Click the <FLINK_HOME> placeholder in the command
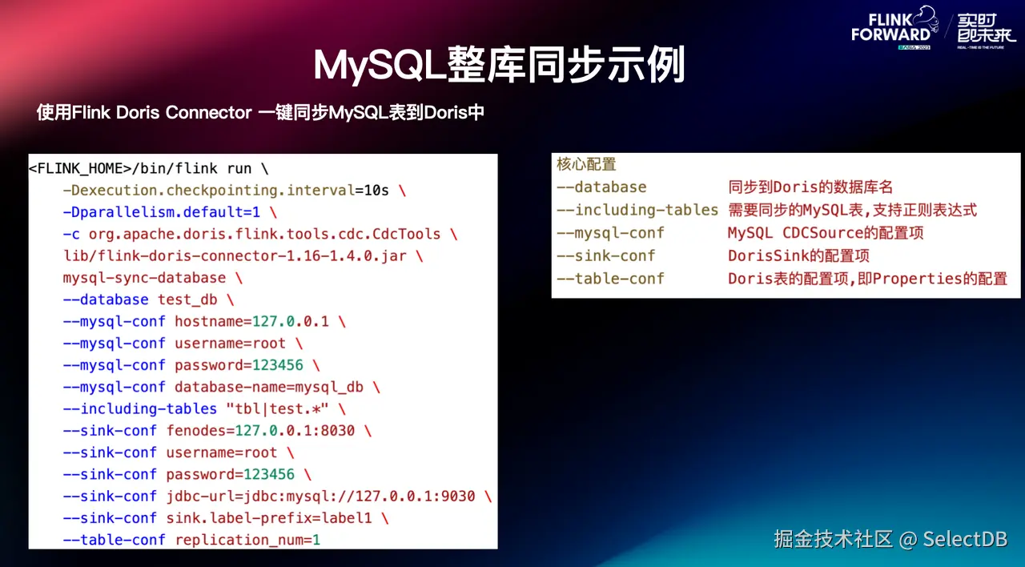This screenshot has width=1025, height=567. click(79, 169)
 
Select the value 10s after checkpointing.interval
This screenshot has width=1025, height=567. click(376, 191)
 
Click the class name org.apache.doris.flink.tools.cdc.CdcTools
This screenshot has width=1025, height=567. click(264, 234)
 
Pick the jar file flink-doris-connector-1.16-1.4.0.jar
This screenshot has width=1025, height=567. click(248, 256)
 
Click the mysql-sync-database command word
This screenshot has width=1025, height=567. click(144, 278)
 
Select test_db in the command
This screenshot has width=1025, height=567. click(187, 300)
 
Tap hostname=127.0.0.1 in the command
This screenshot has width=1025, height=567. click(251, 321)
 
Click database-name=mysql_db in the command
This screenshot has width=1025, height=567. click(268, 387)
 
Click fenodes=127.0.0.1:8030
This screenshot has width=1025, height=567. click(260, 431)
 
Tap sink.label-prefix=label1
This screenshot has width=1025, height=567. click(269, 518)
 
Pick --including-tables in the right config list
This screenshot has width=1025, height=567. click(637, 210)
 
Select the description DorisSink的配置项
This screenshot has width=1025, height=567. click(798, 255)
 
